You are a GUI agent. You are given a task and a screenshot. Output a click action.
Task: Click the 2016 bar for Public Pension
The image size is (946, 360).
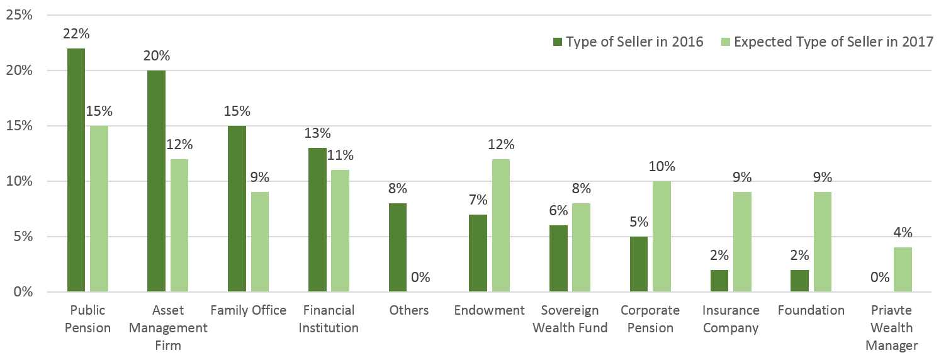click(x=76, y=170)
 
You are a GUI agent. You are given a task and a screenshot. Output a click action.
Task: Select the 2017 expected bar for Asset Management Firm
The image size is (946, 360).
click(x=179, y=225)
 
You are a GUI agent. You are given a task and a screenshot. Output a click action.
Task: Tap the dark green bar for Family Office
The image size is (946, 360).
click(x=237, y=209)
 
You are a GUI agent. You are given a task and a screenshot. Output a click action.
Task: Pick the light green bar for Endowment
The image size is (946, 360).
click(x=501, y=225)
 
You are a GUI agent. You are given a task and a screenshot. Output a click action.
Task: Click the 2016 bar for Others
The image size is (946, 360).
click(x=398, y=247)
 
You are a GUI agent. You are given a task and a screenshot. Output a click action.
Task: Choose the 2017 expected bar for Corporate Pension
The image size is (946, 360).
click(x=662, y=237)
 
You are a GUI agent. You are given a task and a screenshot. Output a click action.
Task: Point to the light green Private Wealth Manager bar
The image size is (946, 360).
click(x=903, y=269)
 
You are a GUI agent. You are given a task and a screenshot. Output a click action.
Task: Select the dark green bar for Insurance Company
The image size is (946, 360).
click(x=719, y=281)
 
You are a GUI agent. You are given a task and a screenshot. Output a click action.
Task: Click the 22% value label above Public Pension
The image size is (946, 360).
click(x=76, y=34)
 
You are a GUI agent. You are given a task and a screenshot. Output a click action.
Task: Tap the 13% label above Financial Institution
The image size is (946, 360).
click(x=317, y=133)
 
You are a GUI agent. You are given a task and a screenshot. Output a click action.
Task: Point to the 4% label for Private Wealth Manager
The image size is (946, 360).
click(x=903, y=233)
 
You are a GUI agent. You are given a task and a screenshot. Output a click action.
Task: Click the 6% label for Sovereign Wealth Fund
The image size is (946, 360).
click(x=559, y=211)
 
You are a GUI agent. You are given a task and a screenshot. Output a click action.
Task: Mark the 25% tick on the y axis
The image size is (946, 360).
click(x=19, y=15)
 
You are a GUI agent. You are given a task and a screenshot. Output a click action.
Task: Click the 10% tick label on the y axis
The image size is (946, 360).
click(x=19, y=181)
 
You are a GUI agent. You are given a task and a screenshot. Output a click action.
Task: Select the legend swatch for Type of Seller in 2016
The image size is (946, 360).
click(x=557, y=42)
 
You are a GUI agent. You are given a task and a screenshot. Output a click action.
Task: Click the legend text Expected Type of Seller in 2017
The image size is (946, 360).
click(x=833, y=42)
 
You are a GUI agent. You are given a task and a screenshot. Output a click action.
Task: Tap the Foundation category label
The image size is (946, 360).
click(x=811, y=310)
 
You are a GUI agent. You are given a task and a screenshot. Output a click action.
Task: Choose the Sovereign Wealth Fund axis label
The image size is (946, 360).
click(x=570, y=319)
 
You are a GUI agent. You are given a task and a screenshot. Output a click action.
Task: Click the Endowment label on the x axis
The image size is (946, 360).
click(x=490, y=310)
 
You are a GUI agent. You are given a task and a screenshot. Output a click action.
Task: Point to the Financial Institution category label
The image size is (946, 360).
click(x=329, y=319)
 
